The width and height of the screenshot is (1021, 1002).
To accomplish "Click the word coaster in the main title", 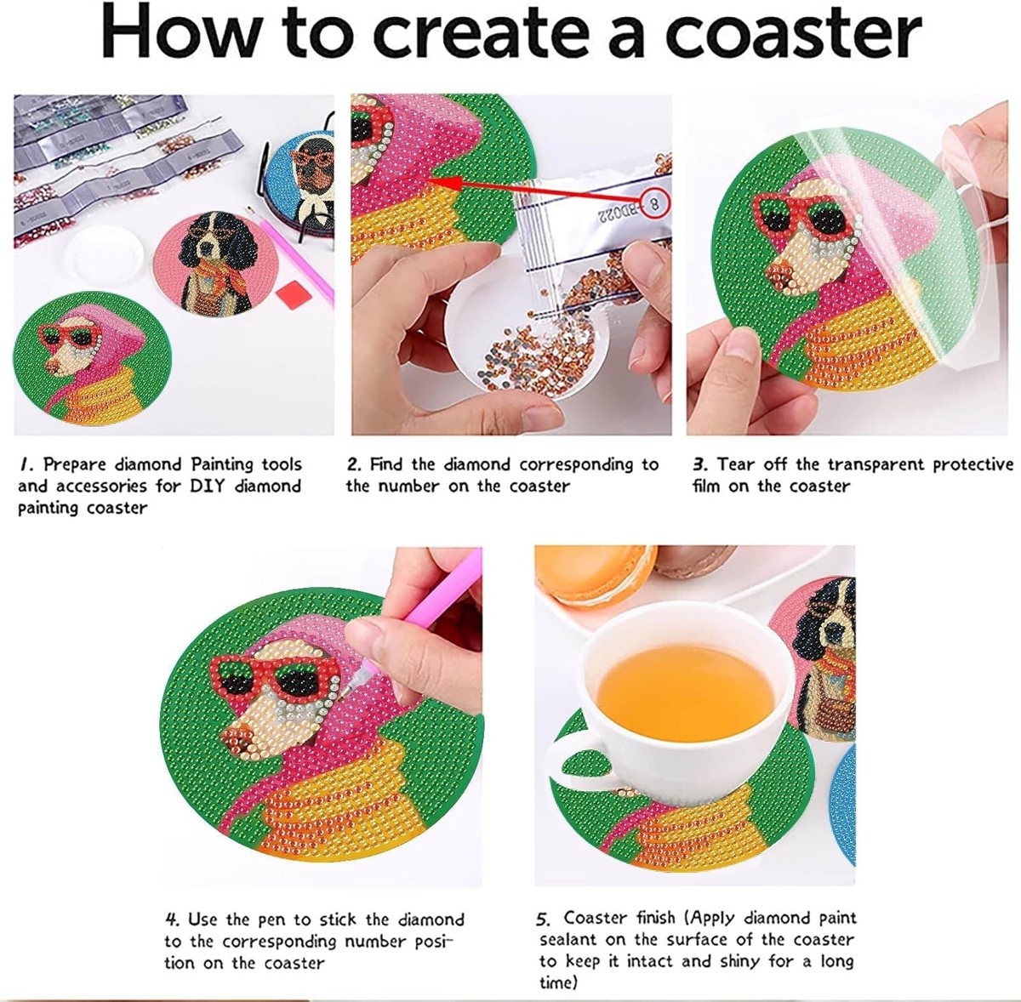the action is pos(793,33).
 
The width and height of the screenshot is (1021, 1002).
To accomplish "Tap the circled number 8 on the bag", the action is pos(655,203).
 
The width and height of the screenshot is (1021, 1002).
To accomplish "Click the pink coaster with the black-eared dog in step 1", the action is pos(216,264).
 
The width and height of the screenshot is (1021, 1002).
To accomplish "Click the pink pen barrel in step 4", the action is pos(443,592).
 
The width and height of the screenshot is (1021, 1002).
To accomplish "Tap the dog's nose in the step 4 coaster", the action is pos(232,737).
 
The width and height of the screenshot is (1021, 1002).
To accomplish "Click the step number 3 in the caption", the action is pos(700,464).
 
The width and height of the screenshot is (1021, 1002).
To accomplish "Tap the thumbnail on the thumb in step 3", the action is pos(743,344).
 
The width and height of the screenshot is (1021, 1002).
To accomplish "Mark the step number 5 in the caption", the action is pos(543,919).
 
